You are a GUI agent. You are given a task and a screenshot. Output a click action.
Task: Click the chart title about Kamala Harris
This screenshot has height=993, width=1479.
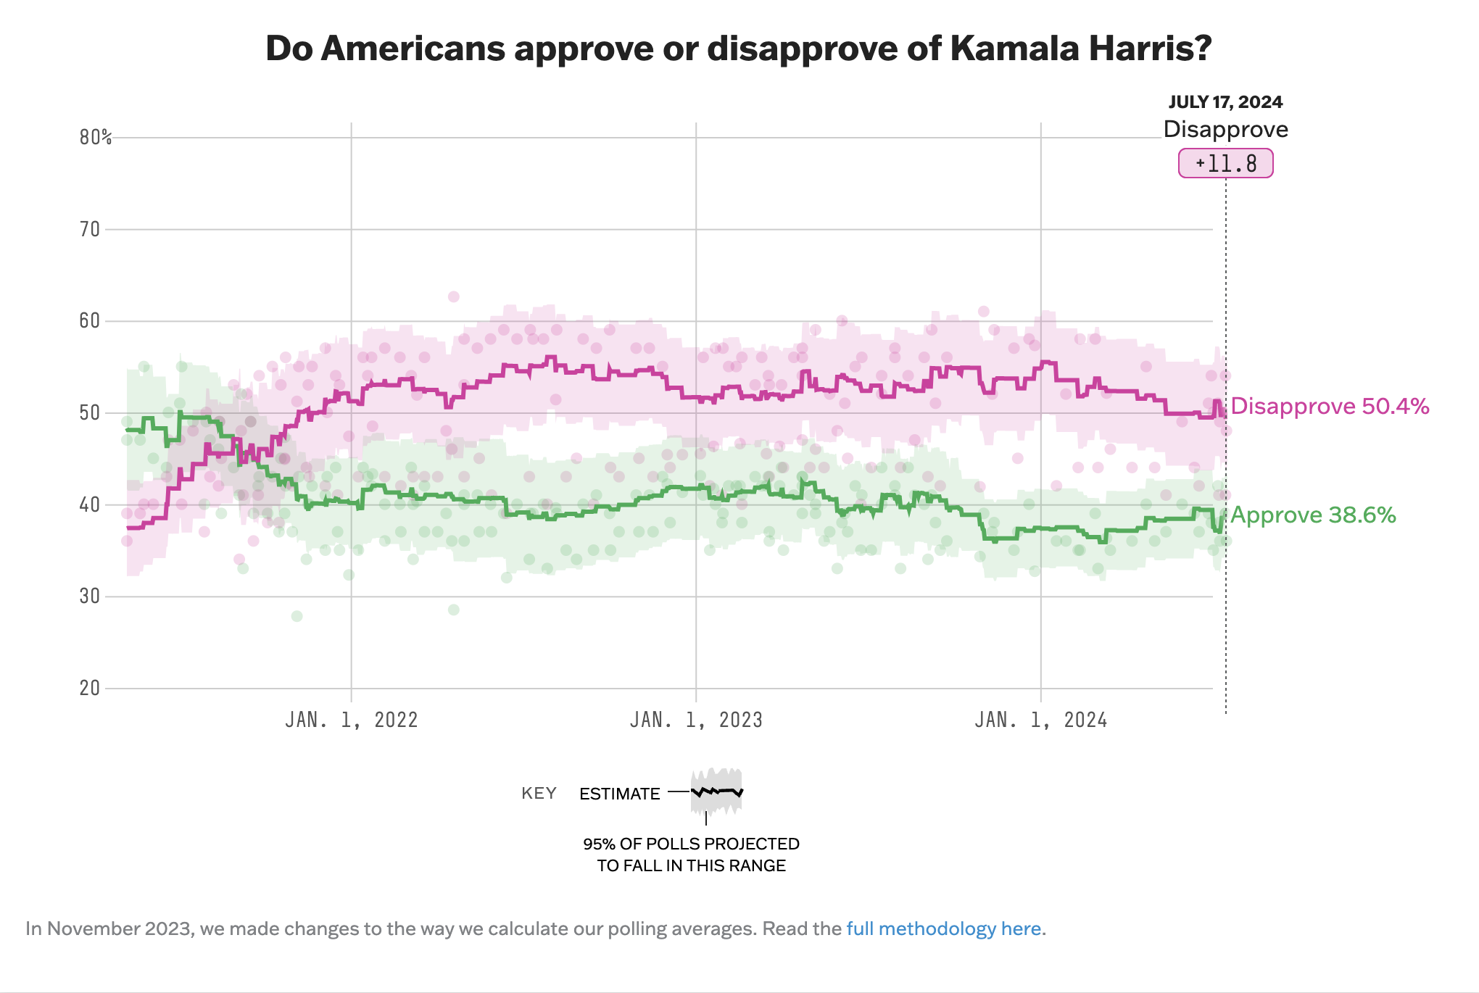click(738, 49)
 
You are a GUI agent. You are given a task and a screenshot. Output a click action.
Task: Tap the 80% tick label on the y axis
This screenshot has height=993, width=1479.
click(96, 137)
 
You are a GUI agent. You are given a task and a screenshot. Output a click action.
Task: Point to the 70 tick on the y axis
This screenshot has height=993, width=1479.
click(90, 229)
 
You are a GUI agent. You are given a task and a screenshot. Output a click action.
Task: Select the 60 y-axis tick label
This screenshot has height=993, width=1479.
click(90, 321)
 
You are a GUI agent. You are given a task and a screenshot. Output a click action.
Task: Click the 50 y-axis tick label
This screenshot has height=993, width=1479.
click(90, 413)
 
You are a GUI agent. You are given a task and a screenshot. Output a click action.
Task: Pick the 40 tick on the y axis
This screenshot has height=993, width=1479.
click(90, 504)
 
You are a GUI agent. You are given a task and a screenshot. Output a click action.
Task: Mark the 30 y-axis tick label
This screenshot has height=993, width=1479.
click(90, 597)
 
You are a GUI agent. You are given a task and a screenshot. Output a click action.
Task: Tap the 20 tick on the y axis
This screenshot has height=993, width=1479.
click(90, 688)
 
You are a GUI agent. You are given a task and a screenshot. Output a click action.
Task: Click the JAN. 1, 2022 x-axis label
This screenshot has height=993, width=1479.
click(352, 720)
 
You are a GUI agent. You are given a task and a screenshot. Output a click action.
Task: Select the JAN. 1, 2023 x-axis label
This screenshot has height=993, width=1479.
click(696, 720)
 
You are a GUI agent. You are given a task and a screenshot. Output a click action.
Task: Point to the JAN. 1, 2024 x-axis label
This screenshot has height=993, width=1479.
click(1041, 720)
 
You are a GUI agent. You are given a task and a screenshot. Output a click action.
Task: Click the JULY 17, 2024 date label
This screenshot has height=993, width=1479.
click(1225, 102)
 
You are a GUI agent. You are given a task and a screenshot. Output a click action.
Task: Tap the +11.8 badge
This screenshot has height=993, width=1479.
click(1225, 163)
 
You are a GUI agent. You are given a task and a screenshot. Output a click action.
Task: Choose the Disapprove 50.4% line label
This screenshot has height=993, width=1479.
click(1330, 406)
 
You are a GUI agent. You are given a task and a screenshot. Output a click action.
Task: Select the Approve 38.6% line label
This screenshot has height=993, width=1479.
click(1313, 515)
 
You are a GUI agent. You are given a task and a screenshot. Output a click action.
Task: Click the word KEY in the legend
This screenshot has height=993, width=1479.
click(539, 793)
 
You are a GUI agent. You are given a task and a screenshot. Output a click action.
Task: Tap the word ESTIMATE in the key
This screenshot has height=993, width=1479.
click(619, 794)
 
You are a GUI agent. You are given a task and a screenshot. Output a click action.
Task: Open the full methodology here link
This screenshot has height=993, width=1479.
click(943, 928)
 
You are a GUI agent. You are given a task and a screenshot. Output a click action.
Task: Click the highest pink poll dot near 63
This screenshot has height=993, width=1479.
click(454, 296)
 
